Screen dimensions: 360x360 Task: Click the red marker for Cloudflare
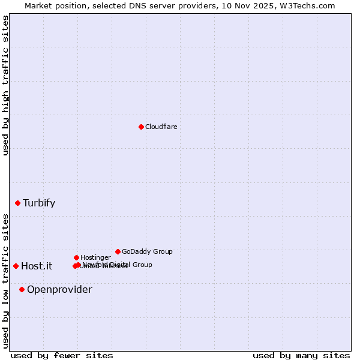(x=141, y=127)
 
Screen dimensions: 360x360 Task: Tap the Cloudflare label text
(x=161, y=127)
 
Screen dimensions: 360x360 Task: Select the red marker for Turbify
(x=17, y=203)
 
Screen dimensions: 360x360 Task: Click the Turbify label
(x=39, y=203)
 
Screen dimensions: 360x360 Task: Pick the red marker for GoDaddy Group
(x=118, y=251)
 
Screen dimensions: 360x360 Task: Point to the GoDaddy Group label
(x=147, y=251)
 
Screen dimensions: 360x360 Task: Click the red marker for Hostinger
(x=76, y=257)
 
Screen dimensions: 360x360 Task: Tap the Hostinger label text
(x=95, y=257)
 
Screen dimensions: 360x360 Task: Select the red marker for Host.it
(x=16, y=266)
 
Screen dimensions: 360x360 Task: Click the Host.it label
(x=37, y=266)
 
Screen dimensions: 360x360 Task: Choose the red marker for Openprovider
(x=22, y=289)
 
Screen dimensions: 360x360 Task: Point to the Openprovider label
(x=59, y=290)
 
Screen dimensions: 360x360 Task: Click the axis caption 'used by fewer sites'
(x=62, y=355)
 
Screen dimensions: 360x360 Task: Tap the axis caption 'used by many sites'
(x=301, y=355)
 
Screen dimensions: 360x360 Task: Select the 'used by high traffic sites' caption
(x=6, y=85)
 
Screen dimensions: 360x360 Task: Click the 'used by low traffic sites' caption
(x=6, y=281)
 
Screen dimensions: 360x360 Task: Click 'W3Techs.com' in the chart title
(x=309, y=5)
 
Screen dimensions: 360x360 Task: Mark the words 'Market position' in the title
(x=53, y=5)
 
